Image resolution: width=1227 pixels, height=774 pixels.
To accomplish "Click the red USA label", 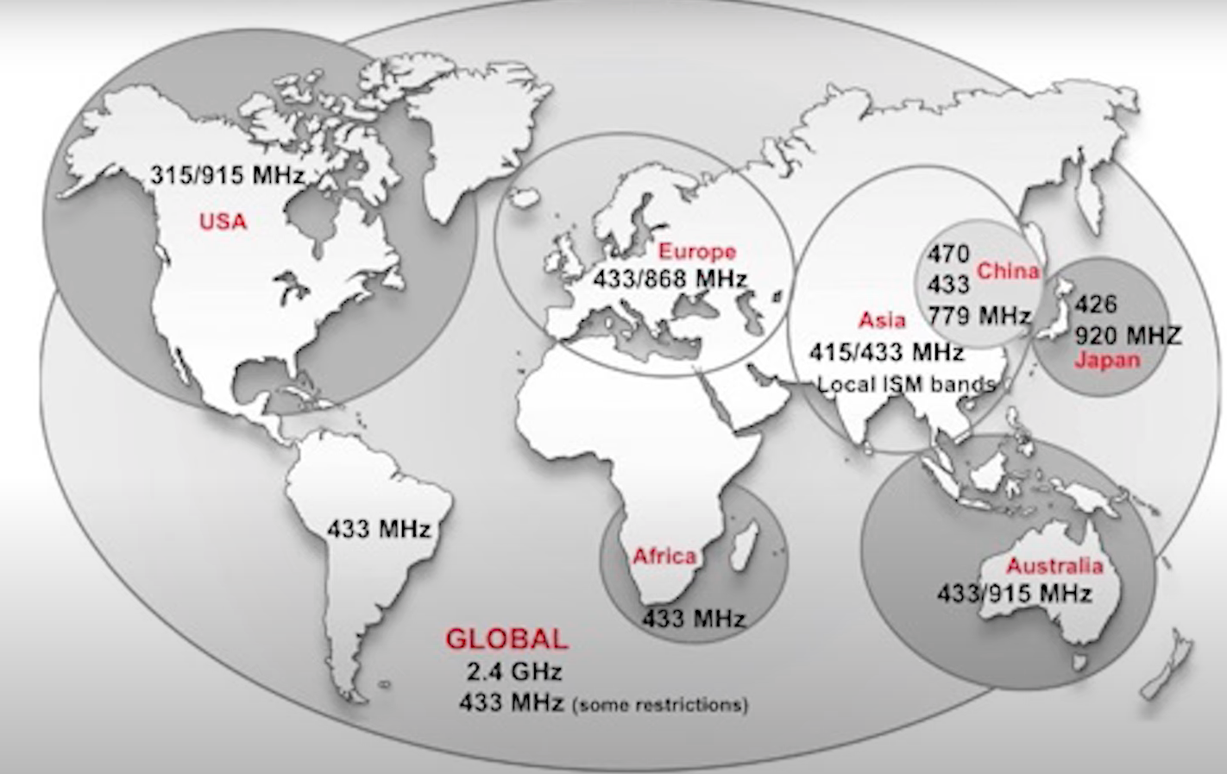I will tap(223, 222).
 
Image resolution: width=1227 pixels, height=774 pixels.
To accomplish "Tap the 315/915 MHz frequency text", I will tap(228, 175).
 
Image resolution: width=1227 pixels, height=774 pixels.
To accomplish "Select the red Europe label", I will tap(697, 252).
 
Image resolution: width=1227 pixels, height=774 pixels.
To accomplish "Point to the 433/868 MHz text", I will tap(670, 279).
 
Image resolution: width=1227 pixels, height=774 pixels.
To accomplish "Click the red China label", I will tap(1008, 271).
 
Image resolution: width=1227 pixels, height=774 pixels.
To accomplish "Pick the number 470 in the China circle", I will tap(948, 254).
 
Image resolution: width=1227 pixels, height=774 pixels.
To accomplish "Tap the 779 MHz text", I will tap(980, 315).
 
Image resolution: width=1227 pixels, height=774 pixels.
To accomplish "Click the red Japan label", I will tap(1107, 360).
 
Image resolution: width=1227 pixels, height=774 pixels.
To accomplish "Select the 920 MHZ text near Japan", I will tap(1128, 335).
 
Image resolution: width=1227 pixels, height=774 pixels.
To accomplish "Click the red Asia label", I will tap(882, 320).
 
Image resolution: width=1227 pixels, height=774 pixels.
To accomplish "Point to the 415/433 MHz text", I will tap(886, 352).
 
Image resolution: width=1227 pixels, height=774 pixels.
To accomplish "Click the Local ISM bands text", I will tap(906, 384).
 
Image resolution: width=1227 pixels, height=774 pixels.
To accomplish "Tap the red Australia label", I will tap(1054, 566).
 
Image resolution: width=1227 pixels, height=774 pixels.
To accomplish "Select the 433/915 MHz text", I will tap(1015, 594).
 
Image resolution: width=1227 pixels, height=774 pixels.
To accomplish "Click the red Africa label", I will tap(664, 557).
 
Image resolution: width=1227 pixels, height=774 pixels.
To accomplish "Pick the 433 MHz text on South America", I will tap(378, 528).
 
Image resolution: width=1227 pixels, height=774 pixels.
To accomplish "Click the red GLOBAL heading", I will tap(507, 639).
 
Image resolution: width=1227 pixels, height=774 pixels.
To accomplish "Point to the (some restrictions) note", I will tap(660, 704).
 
